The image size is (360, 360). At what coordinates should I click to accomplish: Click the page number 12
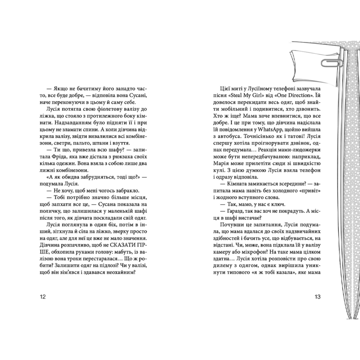(x=43, y=297)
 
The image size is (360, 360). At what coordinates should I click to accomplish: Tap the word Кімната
(x=233, y=185)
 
